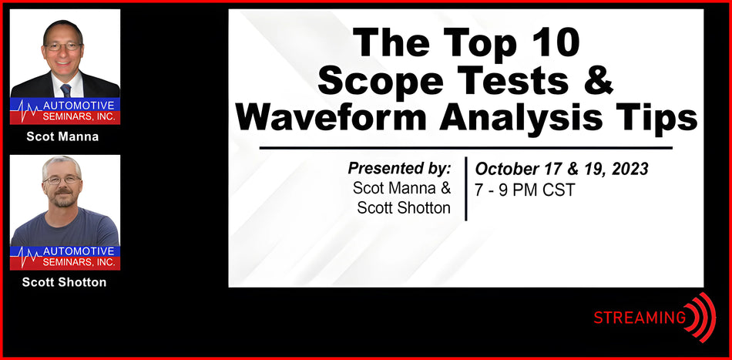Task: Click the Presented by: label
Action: (399, 168)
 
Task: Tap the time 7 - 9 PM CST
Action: (525, 190)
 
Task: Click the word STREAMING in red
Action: (640, 317)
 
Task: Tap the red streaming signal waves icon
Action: (702, 317)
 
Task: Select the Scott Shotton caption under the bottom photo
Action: (65, 282)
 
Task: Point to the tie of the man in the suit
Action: (65, 89)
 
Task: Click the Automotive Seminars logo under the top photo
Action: (65, 111)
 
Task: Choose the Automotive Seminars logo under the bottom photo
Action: (65, 257)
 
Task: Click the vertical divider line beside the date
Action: (465, 189)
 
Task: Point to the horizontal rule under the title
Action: (465, 147)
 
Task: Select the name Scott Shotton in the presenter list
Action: (404, 207)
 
